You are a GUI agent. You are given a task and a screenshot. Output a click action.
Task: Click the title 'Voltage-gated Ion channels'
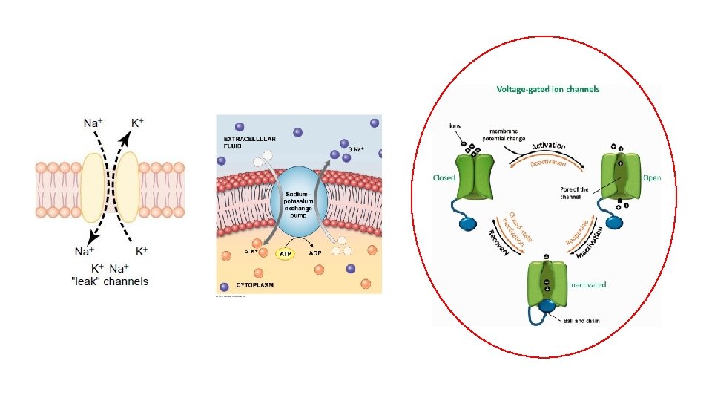[548, 89]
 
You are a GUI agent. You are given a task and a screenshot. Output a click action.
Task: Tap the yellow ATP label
[285, 254]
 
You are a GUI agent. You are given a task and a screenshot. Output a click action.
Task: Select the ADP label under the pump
[314, 253]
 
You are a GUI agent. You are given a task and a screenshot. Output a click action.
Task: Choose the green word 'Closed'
[444, 177]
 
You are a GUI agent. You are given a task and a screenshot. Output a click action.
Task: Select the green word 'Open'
[652, 177]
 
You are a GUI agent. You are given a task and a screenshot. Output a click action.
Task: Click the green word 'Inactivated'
[587, 284]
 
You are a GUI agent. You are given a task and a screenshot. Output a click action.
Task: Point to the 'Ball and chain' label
[582, 321]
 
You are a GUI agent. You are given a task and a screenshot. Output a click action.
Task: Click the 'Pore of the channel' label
[574, 192]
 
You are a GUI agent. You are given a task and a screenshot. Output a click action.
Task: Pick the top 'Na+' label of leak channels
[93, 123]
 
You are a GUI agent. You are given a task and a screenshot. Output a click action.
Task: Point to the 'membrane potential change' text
[505, 134]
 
